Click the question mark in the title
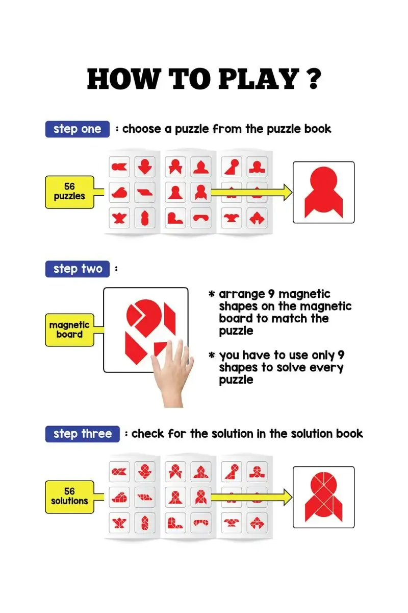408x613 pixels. tap(314, 79)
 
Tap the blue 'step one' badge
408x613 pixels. tap(78, 129)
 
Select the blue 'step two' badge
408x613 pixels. tap(78, 269)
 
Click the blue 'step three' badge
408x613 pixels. tap(82, 434)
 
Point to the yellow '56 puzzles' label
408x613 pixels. tap(69, 192)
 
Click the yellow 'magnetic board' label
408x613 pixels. tap(69, 330)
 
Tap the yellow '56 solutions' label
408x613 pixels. tap(69, 497)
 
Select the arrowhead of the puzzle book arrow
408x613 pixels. tap(288, 193)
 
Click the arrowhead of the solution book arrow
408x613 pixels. tap(288, 497)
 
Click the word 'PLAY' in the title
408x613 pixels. tap(259, 79)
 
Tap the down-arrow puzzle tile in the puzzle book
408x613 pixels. tap(145, 167)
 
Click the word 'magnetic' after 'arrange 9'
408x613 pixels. tap(304, 294)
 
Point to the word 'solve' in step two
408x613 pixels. tap(291, 367)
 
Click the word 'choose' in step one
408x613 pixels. tap(142, 129)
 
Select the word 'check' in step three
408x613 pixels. tap(147, 434)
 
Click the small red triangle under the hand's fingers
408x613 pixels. tap(159, 347)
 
